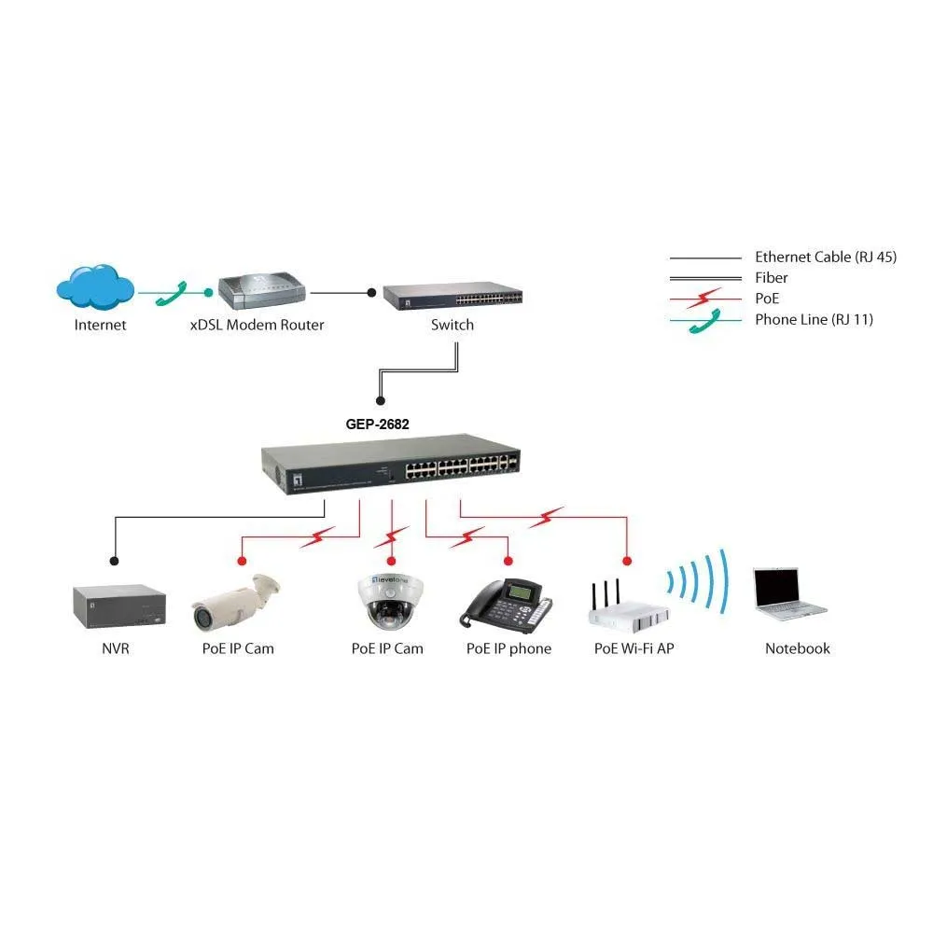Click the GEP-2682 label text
(378, 423)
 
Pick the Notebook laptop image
(788, 593)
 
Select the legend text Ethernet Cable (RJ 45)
(825, 257)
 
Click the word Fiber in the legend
(772, 277)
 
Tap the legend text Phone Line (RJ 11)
(814, 319)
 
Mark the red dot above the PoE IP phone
(508, 561)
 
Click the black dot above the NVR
(114, 561)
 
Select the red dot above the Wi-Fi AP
(627, 561)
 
